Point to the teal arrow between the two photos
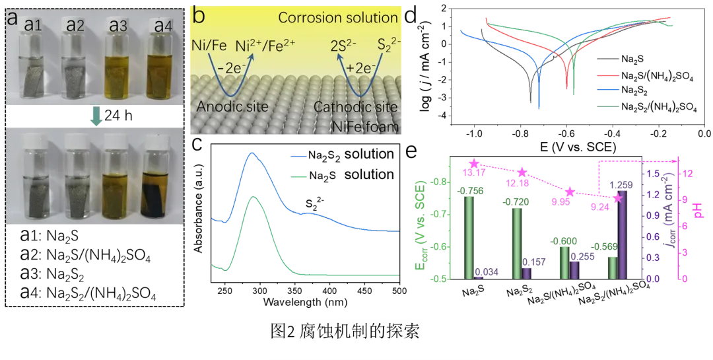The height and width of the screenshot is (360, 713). coord(96,117)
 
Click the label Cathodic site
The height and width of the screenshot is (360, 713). coord(355,106)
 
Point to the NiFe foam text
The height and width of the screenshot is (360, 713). coord(366,125)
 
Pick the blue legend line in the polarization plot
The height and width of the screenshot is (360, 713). coord(608,91)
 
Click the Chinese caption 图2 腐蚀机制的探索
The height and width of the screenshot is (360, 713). coord(345,331)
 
